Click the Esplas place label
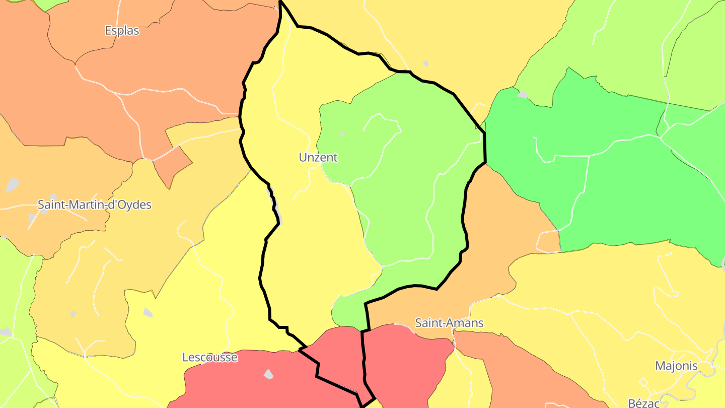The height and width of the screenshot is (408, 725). click(122, 31)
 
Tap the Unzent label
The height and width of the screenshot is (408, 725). click(318, 158)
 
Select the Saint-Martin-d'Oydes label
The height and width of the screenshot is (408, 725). click(95, 205)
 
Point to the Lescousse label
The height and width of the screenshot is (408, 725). click(209, 358)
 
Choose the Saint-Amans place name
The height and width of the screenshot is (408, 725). click(449, 323)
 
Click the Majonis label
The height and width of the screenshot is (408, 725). click(676, 366)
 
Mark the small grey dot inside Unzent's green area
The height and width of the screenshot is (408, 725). click(342, 133)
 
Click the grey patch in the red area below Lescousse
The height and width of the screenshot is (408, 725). click(269, 374)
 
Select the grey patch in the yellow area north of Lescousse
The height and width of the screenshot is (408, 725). click(148, 312)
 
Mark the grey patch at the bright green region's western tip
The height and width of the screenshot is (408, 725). click(523, 94)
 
